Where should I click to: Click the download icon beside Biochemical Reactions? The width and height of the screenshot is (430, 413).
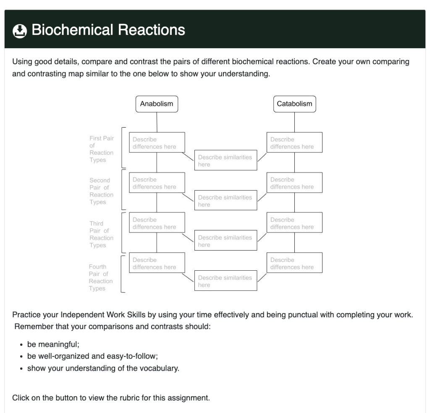[20, 31]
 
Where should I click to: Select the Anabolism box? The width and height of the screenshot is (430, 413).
[157, 104]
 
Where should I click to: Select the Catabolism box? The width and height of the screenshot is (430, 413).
[294, 104]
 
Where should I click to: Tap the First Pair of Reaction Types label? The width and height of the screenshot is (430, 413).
[101, 149]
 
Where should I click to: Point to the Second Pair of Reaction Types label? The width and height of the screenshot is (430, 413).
[101, 191]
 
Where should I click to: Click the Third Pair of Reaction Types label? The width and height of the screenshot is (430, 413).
[101, 234]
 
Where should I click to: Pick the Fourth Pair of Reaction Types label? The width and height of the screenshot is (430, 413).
[101, 277]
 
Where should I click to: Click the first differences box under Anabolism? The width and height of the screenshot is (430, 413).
[157, 143]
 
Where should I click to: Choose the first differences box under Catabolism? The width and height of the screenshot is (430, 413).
[294, 143]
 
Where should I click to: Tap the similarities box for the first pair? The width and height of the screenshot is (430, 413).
[225, 160]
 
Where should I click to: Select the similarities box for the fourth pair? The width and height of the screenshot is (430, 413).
[225, 281]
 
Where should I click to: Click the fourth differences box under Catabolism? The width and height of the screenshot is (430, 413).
[294, 263]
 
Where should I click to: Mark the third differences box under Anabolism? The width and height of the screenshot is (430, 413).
[157, 223]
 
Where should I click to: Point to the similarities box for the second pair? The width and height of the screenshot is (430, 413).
[225, 201]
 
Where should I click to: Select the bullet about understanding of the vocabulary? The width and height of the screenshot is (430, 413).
[103, 369]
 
